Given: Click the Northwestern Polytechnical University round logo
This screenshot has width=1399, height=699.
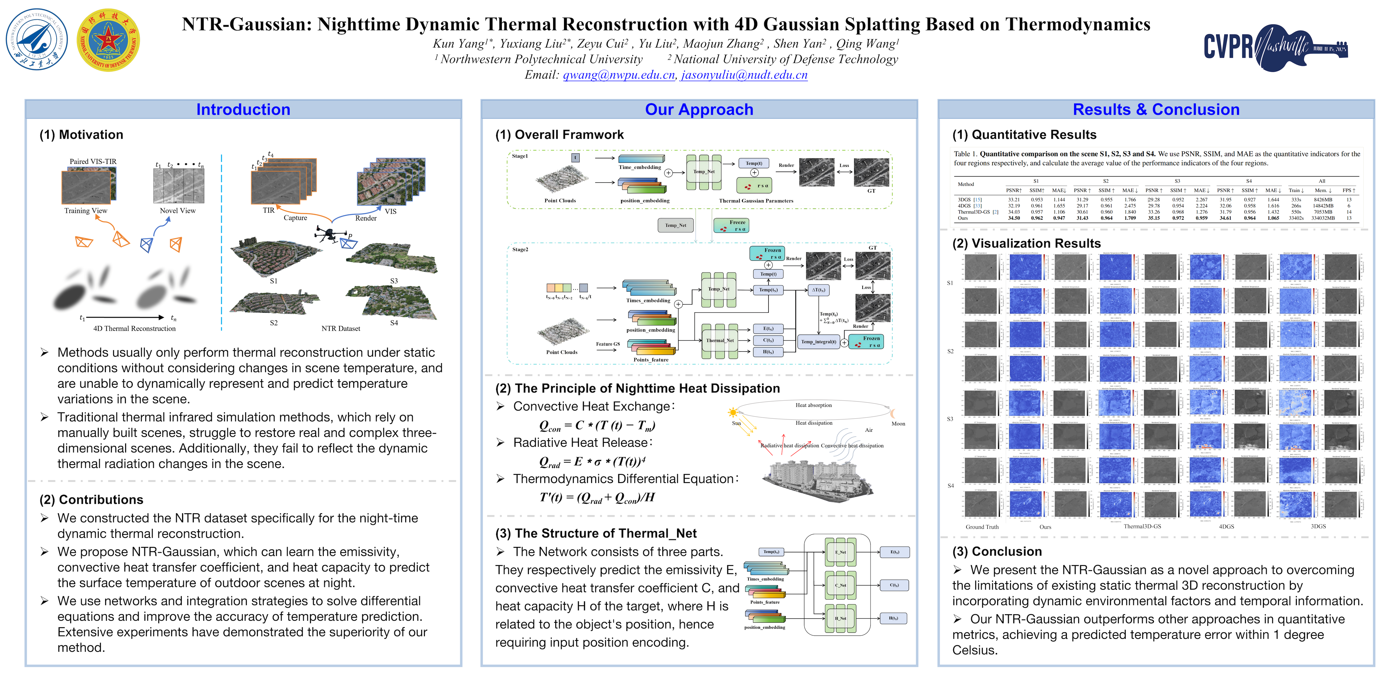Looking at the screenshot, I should [37, 40].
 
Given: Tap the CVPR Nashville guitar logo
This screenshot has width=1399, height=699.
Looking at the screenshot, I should [1275, 47].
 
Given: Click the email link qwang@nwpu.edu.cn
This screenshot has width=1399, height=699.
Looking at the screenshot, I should [618, 75].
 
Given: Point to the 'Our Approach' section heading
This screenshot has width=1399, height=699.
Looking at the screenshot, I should [699, 110].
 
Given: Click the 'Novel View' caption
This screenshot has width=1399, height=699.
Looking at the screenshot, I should [178, 211].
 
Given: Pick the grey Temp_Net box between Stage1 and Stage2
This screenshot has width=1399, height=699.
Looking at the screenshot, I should [676, 225].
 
